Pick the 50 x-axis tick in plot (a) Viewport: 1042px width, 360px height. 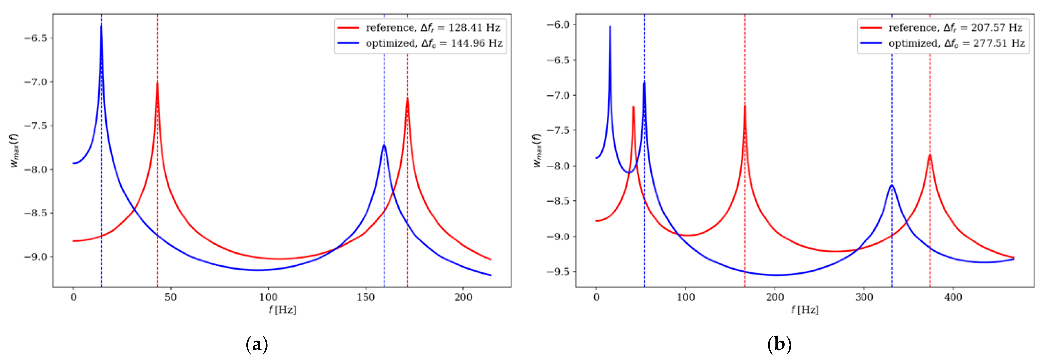pyautogui.click(x=171, y=297)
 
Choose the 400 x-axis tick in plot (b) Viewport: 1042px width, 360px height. pyautogui.click(x=953, y=297)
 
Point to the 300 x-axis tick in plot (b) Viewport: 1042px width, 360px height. pyautogui.click(x=864, y=297)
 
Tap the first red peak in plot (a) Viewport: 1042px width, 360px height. pyautogui.click(x=157, y=83)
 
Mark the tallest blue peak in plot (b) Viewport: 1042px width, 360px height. pyautogui.click(x=610, y=27)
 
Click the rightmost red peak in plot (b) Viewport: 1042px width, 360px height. pyautogui.click(x=930, y=155)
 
